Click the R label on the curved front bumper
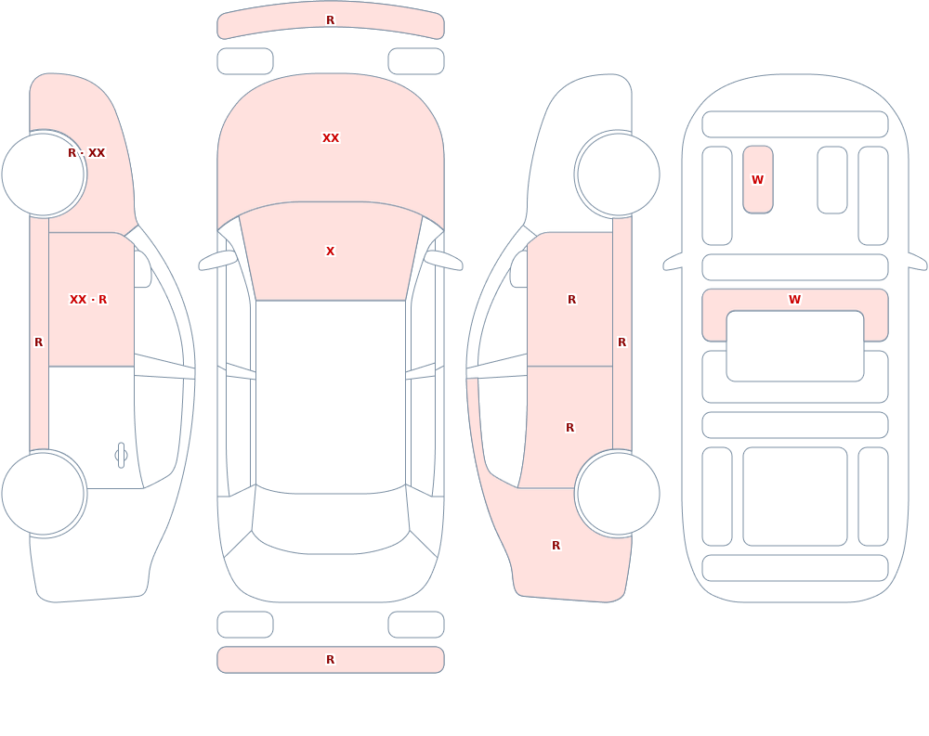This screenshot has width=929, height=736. [331, 20]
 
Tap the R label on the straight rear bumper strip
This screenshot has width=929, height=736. [331, 660]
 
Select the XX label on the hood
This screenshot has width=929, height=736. [331, 138]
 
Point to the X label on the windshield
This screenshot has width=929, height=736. [331, 252]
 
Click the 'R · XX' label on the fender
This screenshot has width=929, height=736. [86, 153]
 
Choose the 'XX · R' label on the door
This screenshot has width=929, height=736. [88, 300]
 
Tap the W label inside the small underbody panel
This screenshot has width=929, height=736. [758, 179]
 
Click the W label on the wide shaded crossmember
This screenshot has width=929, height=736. [795, 300]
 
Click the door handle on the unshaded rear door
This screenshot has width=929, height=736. [121, 456]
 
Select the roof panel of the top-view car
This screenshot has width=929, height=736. [331, 395]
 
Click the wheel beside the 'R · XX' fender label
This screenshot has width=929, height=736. [44, 174]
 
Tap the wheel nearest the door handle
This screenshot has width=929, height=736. [44, 494]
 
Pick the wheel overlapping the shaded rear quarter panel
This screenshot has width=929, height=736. [618, 494]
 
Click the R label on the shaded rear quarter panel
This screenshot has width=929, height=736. [556, 546]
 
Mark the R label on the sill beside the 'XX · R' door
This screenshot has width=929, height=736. [38, 342]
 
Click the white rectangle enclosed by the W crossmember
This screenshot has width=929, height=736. [795, 346]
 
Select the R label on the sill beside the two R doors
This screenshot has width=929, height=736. [622, 342]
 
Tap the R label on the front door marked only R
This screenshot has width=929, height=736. [571, 300]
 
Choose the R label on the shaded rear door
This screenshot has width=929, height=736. [570, 428]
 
